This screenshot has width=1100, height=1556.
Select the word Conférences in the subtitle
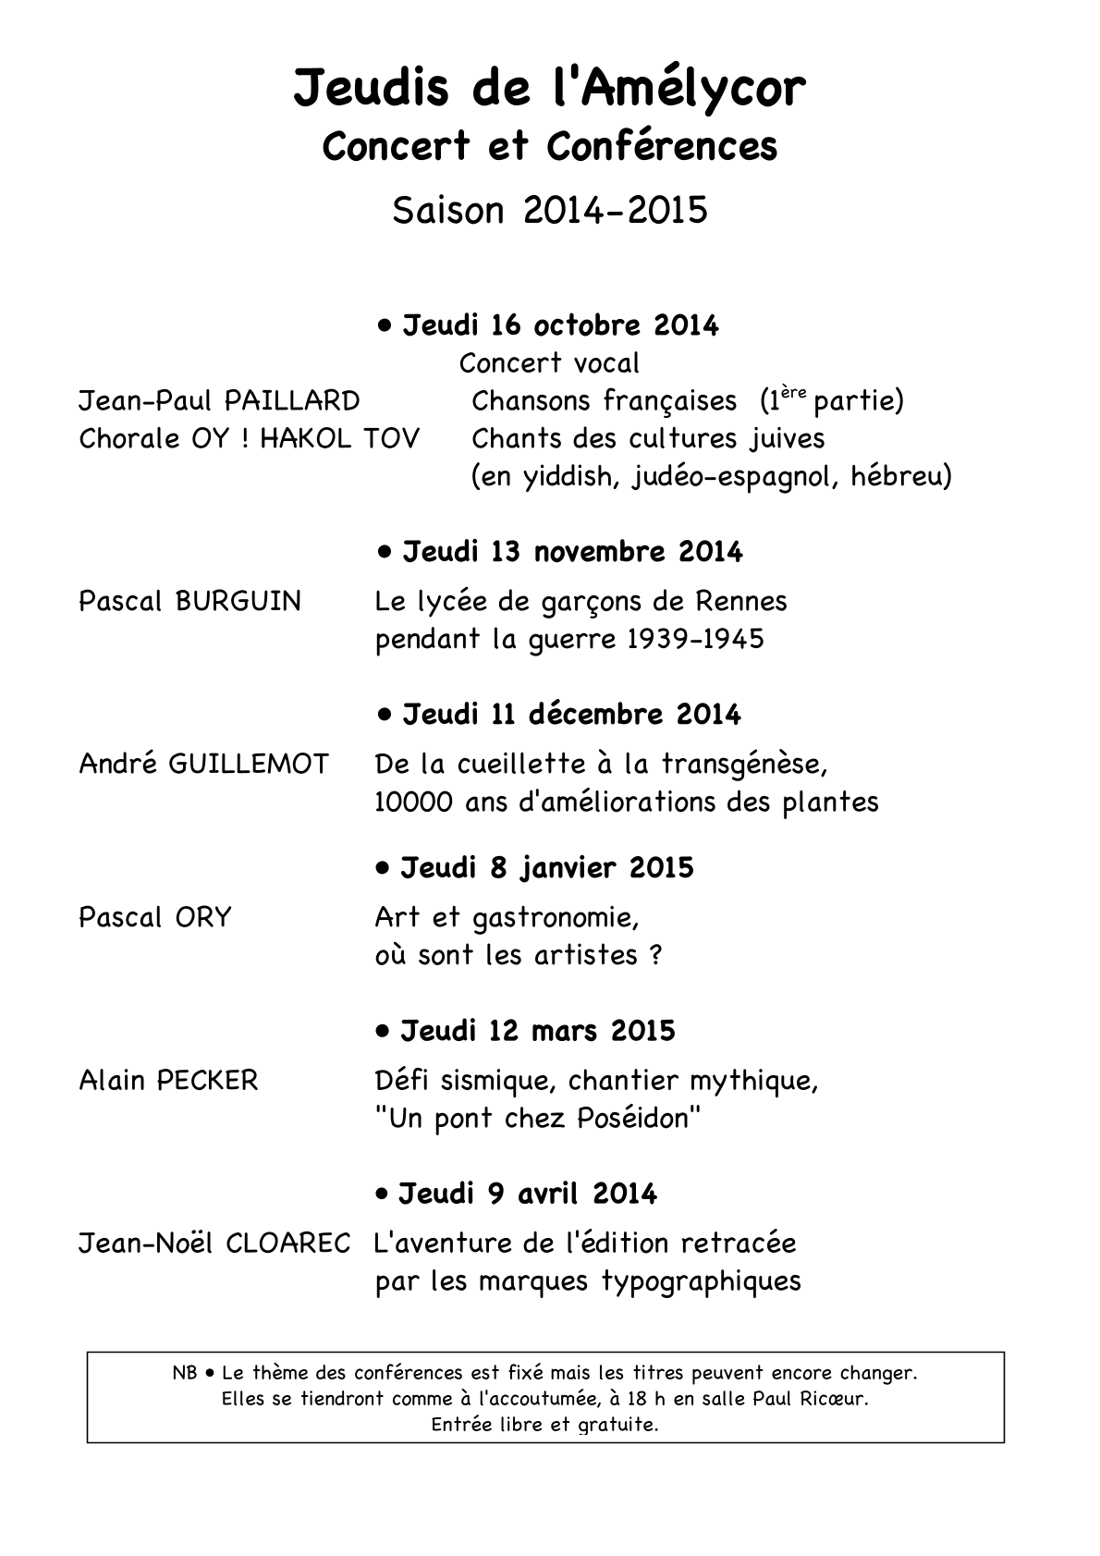point(662,147)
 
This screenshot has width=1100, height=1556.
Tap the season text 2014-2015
point(615,211)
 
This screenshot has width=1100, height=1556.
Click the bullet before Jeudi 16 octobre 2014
point(385,325)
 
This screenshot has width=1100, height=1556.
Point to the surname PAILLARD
point(292,401)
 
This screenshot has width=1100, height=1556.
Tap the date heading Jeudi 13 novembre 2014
point(571,553)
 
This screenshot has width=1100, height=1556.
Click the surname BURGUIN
point(238,602)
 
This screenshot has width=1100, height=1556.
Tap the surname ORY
point(202,918)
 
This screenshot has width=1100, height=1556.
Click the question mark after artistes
point(655,956)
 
